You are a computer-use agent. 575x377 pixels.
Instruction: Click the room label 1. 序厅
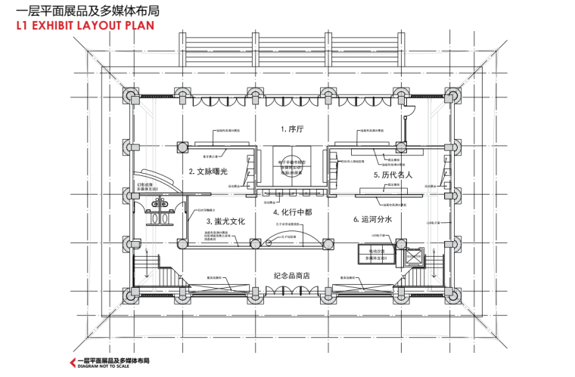click(x=291, y=129)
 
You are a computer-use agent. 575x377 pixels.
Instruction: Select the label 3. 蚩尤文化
click(x=225, y=221)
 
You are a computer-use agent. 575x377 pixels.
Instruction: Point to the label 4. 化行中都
click(x=292, y=212)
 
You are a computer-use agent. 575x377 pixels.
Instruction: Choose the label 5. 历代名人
click(x=393, y=175)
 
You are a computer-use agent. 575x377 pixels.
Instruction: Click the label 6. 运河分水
click(x=372, y=219)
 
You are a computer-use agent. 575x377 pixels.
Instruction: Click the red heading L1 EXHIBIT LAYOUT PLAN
click(x=85, y=26)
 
